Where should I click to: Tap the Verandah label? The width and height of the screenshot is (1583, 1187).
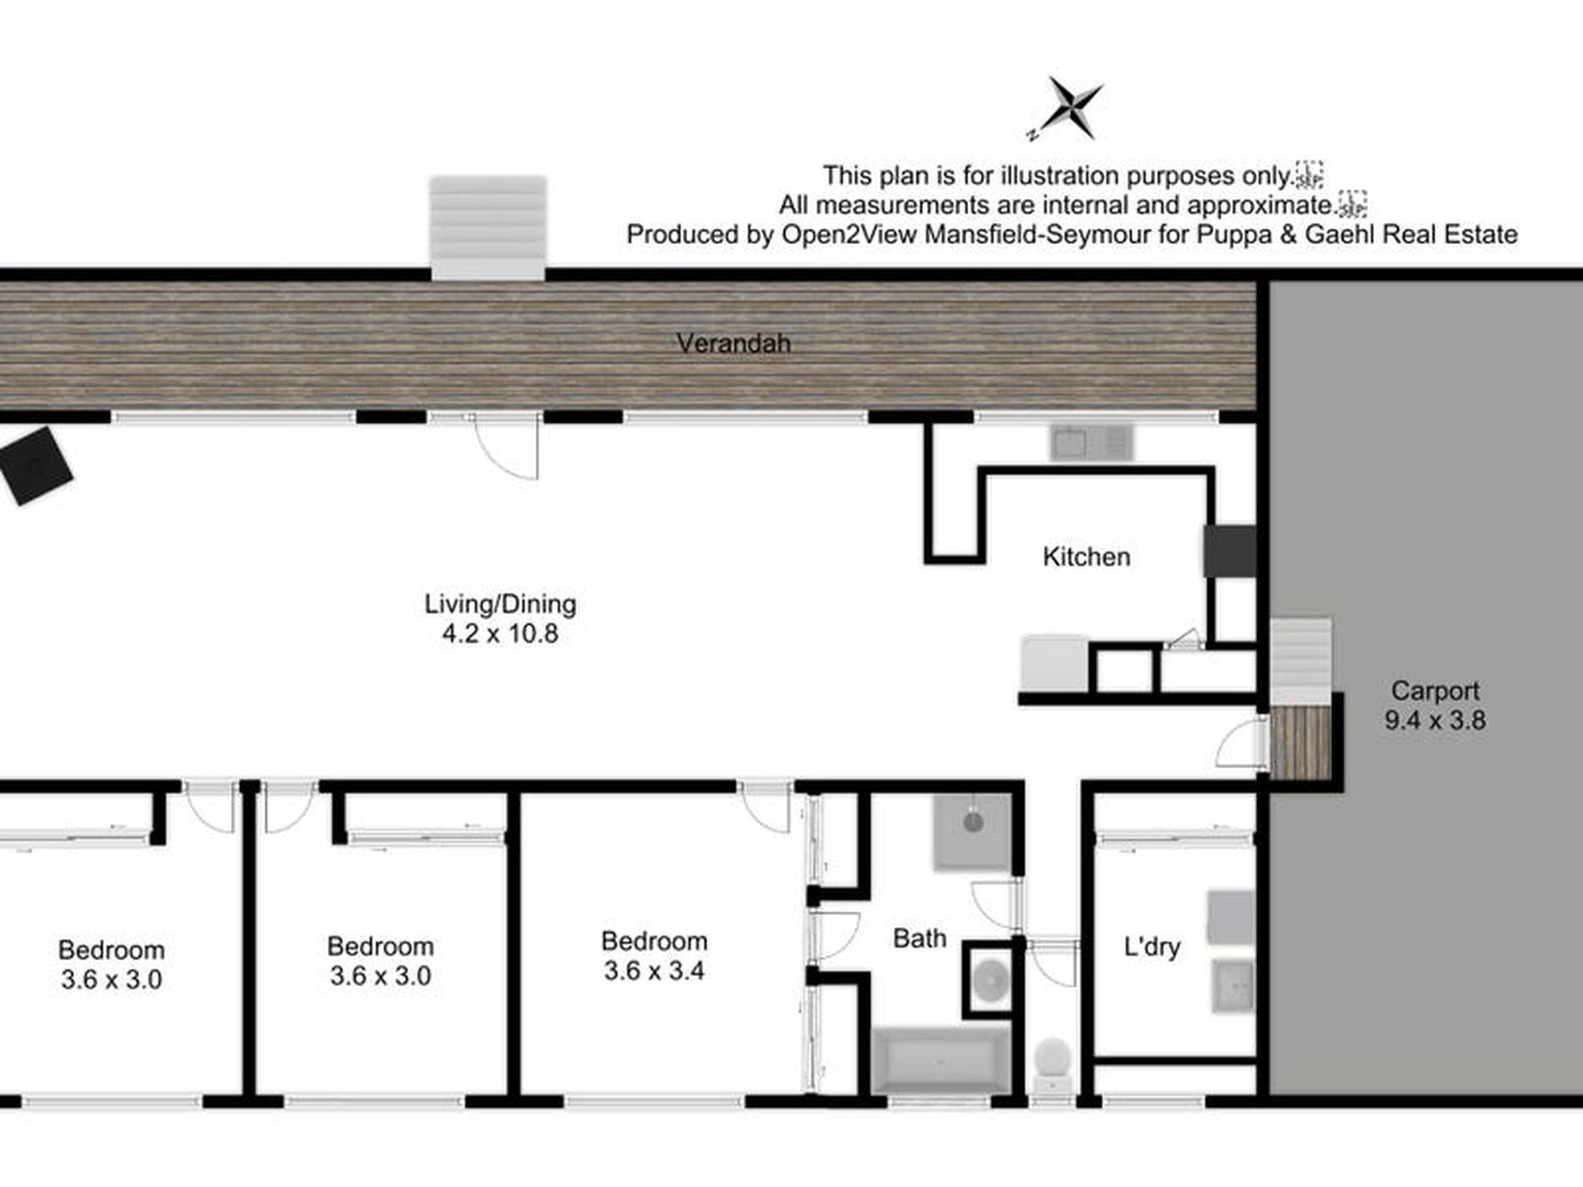point(733,343)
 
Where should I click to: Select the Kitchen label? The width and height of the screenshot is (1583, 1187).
point(1086,556)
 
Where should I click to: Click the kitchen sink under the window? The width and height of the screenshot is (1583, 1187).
point(1091,443)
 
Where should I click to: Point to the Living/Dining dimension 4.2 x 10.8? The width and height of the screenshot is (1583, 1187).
point(500,634)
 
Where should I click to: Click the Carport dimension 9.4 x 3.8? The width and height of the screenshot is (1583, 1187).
point(1435,721)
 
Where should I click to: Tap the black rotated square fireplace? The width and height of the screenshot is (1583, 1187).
point(34,466)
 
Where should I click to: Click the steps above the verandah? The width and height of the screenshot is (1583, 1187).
point(487,227)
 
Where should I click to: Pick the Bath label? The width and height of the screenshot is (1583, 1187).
point(919,939)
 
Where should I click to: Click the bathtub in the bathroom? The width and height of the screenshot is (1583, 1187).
point(940,1060)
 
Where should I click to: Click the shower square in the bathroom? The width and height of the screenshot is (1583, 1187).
point(972,830)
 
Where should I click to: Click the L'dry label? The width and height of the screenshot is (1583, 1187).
point(1151,947)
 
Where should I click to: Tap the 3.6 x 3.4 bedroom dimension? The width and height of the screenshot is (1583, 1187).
point(654,971)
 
